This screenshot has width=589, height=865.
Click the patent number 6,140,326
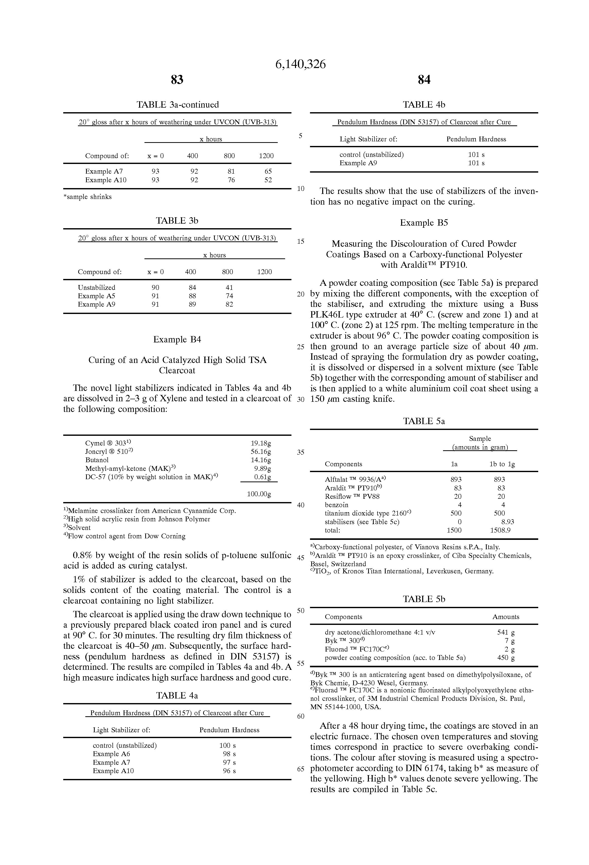300,65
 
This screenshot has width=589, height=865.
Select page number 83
177,80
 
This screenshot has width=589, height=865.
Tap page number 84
424,80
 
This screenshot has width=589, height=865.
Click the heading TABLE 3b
177,221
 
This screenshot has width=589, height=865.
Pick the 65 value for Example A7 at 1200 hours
268,172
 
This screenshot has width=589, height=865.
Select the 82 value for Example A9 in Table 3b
229,305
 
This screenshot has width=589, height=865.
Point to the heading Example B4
177,339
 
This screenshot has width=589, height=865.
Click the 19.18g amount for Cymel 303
261,443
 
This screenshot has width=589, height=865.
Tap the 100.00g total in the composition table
259,494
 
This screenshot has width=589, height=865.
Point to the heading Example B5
424,223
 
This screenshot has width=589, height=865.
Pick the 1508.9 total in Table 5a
500,530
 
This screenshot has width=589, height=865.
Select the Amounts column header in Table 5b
506,617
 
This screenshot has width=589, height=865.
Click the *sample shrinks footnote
88,197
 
